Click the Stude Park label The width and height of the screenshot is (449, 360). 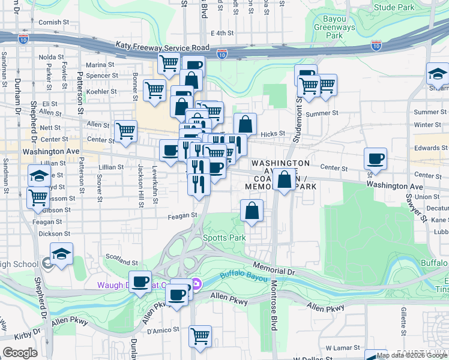tap(394, 7)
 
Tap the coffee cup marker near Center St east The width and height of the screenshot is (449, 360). tap(376, 159)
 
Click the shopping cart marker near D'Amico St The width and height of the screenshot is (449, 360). tap(200, 335)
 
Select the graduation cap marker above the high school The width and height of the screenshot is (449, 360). tap(61, 254)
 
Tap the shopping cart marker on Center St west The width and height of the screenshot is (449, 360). tap(125, 131)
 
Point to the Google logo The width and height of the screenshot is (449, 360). tap(20, 353)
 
